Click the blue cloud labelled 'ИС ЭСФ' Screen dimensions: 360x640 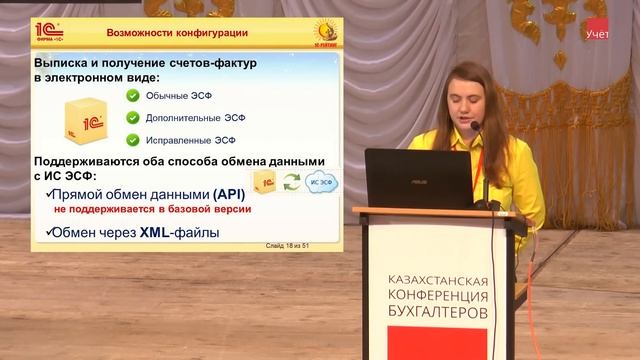(321, 181)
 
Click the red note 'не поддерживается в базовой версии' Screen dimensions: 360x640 (153, 210)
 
